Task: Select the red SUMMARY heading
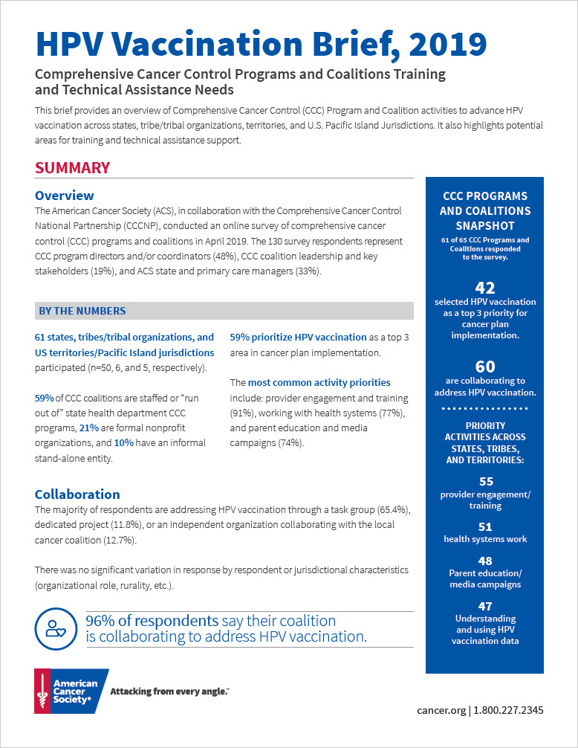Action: click(72, 168)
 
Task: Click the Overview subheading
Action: click(65, 196)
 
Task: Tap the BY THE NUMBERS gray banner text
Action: click(82, 311)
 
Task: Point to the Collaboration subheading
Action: click(77, 494)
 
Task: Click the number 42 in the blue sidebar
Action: click(484, 288)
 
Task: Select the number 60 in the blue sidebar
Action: click(484, 366)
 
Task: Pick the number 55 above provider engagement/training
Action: click(484, 482)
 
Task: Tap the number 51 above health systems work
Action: click(484, 526)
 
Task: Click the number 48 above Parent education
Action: click(484, 561)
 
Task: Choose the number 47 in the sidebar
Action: click(484, 606)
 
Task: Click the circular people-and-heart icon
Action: click(55, 628)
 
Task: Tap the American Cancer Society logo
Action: click(71, 691)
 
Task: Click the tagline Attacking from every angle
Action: click(169, 691)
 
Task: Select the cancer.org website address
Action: click(442, 710)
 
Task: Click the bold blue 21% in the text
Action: click(88, 428)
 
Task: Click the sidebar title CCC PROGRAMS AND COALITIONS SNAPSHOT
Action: click(484, 211)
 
